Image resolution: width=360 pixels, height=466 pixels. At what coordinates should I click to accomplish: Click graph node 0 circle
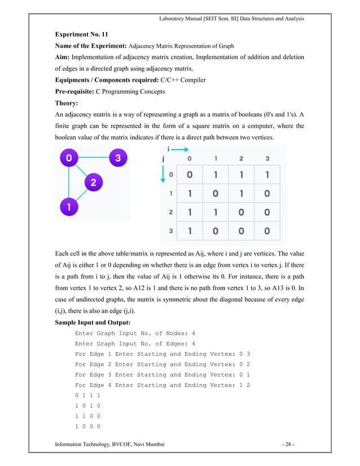pos(68,159)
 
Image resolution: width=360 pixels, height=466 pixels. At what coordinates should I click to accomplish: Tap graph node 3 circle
pos(117,158)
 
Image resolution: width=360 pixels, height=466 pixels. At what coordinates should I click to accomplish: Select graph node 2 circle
pos(93,182)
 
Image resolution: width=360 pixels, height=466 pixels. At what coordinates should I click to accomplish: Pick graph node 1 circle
pos(68,206)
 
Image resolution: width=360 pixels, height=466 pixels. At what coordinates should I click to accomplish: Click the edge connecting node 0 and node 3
pos(93,159)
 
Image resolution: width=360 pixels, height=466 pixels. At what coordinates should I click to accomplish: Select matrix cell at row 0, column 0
pos(190,174)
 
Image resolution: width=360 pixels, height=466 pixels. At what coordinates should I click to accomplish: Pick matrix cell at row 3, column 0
pos(190,231)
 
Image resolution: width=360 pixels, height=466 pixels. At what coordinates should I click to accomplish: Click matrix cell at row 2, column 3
pos(267,212)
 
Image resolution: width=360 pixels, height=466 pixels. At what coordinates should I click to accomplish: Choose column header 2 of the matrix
pos(242,159)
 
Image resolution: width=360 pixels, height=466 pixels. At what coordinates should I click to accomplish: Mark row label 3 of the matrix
pos(171,231)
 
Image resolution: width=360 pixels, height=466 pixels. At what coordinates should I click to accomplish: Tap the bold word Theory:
pos(68,103)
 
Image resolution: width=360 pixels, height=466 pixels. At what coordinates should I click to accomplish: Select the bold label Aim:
pos(63,57)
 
